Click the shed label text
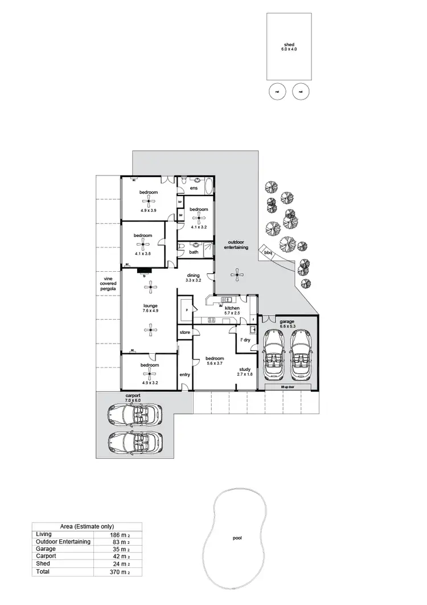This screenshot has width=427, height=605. pyautogui.click(x=289, y=44)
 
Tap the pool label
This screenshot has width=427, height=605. pyautogui.click(x=237, y=537)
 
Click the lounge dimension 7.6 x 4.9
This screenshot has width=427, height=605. pyautogui.click(x=150, y=311)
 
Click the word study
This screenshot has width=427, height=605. pyautogui.click(x=245, y=369)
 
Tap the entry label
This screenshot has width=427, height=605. pyautogui.click(x=184, y=374)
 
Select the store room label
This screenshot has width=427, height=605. pyautogui.click(x=184, y=332)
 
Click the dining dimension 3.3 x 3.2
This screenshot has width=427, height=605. pyautogui.click(x=194, y=280)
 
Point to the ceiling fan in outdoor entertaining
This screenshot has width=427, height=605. pyautogui.click(x=237, y=275)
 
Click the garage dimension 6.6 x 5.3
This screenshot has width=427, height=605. pyautogui.click(x=286, y=326)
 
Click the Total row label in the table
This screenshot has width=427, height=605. pyautogui.click(x=43, y=571)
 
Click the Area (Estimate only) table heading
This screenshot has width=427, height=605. pyautogui.click(x=87, y=526)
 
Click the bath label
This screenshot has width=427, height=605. pyautogui.click(x=194, y=252)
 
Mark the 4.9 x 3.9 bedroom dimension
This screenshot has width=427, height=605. pyautogui.click(x=149, y=210)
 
